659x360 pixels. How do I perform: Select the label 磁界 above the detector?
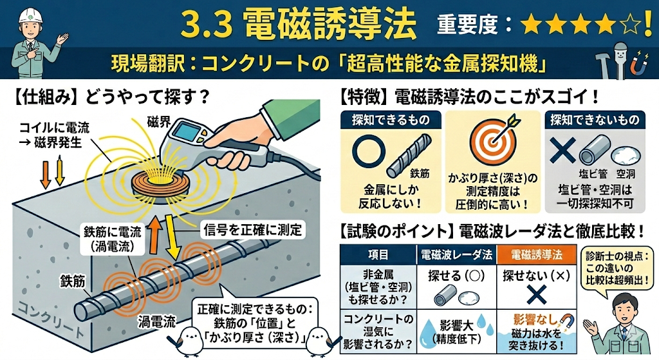(x=159, y=122)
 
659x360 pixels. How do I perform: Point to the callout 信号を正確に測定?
(x=252, y=230)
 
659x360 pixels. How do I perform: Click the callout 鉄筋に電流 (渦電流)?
(x=112, y=239)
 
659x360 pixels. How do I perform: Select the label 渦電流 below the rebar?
(x=157, y=322)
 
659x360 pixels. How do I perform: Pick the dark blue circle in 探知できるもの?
(x=369, y=151)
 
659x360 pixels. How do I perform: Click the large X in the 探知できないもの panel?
(x=562, y=151)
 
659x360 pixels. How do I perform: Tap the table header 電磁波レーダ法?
(x=456, y=254)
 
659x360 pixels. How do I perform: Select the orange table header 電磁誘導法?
(x=536, y=254)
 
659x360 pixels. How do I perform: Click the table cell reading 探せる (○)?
(x=456, y=276)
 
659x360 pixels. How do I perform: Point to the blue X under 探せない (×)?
(x=537, y=294)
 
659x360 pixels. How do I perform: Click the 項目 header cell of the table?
(x=378, y=254)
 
